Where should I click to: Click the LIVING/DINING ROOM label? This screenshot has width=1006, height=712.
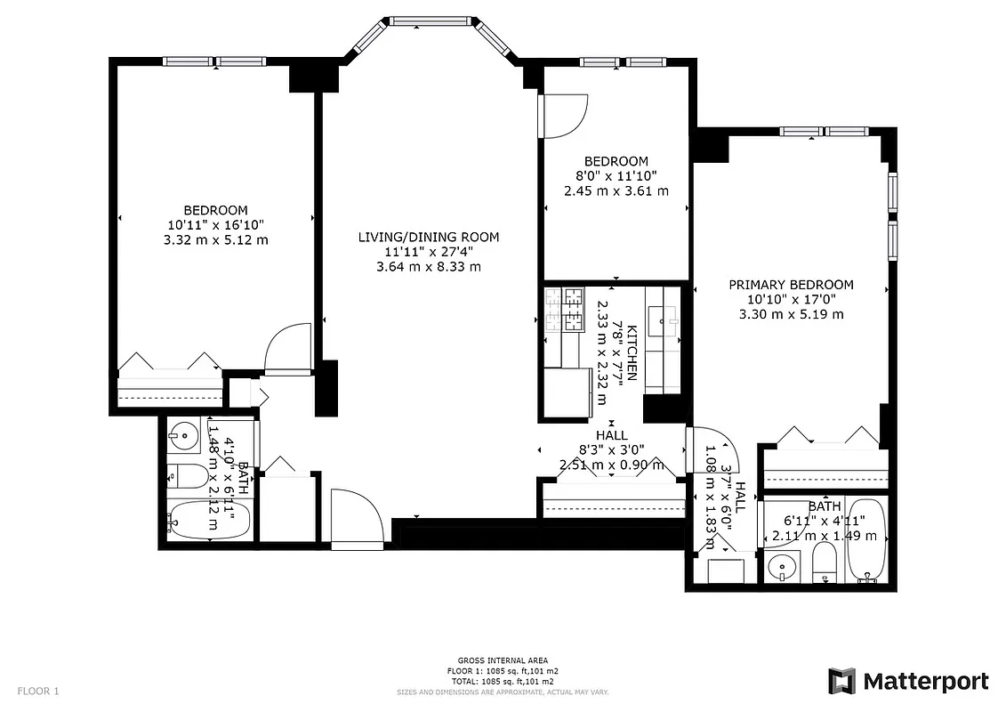(428, 237)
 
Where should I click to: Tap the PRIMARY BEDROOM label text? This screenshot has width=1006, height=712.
(791, 285)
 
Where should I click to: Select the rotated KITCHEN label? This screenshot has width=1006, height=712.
(632, 353)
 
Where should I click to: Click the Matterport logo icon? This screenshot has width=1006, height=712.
(841, 681)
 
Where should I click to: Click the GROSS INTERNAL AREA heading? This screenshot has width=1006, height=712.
(503, 660)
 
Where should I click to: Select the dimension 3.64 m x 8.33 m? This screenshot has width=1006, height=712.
(428, 266)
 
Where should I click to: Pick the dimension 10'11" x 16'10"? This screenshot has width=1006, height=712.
(215, 225)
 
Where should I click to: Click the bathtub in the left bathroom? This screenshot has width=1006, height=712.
(208, 518)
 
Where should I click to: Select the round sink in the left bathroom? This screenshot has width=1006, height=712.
(185, 435)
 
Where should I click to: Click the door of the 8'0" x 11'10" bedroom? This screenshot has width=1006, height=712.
(564, 116)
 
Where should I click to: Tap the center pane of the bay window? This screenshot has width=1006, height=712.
(430, 21)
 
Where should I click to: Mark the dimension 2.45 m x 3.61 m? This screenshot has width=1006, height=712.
(616, 190)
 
